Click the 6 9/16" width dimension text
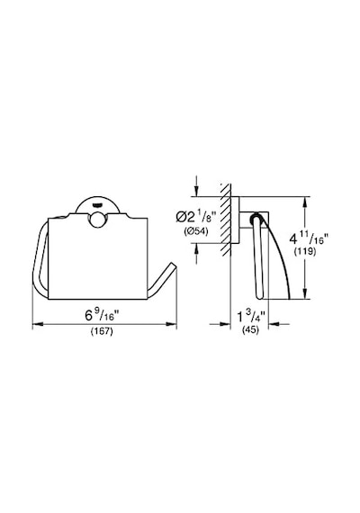102,315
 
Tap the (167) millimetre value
102,331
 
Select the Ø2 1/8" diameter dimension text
196,217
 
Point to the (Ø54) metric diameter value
196,231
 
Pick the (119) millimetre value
305,252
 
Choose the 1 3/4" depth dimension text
251,317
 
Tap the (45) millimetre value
250,329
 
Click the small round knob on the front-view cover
97,220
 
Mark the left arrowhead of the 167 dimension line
38,324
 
